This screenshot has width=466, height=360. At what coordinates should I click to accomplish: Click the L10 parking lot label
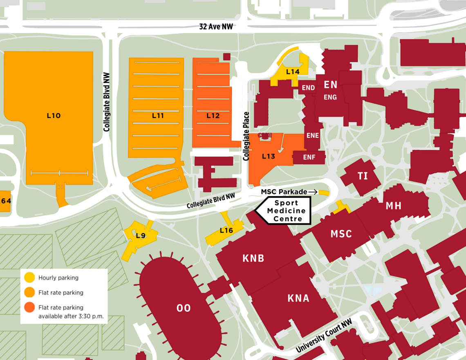tap(54, 116)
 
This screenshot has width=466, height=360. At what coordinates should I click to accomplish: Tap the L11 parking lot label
tap(158, 116)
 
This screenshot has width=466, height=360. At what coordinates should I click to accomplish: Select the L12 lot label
tap(213, 116)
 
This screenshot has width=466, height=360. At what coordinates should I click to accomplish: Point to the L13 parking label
tap(269, 156)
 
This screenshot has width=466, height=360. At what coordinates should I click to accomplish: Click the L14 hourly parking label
tap(293, 72)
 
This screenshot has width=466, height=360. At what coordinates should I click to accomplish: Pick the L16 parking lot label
tap(226, 230)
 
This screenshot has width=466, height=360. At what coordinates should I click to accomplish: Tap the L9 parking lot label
tap(141, 235)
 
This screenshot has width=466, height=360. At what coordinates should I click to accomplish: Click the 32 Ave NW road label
tap(216, 27)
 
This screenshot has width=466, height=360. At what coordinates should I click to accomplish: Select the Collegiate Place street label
tap(246, 136)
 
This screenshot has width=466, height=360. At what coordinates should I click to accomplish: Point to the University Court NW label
tap(324, 336)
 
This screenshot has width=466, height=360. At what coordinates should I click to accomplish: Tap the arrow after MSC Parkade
tap(313, 192)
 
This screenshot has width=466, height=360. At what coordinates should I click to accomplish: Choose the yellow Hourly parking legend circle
tap(29, 278)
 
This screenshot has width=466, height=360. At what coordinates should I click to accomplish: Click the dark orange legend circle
tap(29, 308)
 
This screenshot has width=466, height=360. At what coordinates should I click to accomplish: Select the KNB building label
tap(253, 258)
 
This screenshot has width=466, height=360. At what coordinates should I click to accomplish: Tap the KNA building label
tap(298, 298)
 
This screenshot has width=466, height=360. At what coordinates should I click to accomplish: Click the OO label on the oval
tap(183, 308)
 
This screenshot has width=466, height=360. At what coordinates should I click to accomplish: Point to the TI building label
tap(363, 176)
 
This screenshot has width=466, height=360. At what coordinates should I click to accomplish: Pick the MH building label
tap(393, 206)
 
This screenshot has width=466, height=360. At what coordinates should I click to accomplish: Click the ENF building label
tap(309, 157)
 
